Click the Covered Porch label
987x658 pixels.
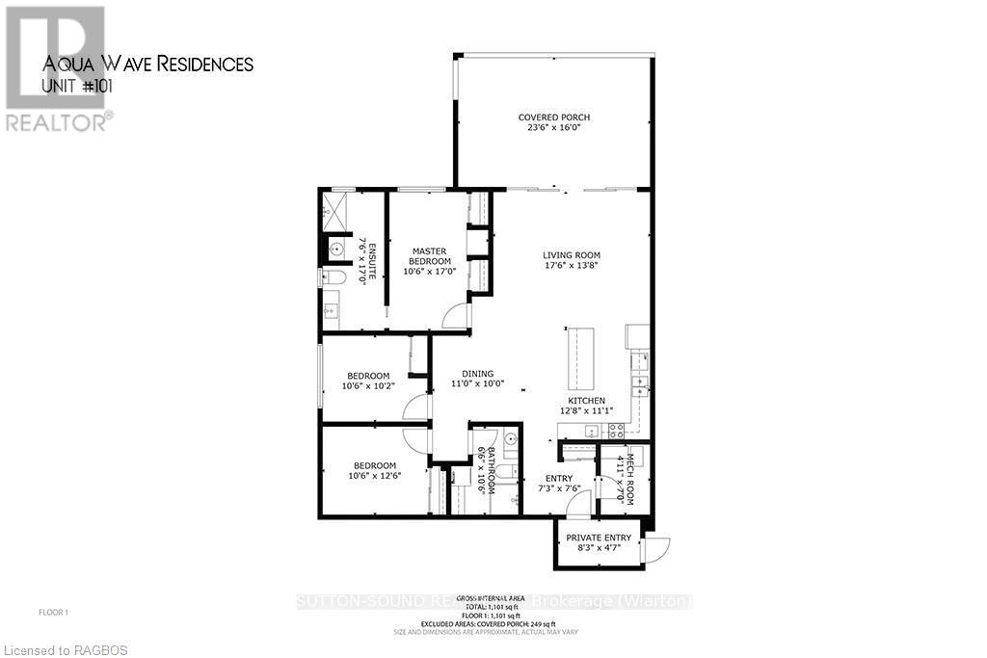pos(553,118)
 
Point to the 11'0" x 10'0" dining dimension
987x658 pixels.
pos(477,383)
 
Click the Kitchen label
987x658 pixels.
pos(586,401)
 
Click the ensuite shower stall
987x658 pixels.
pos(334,213)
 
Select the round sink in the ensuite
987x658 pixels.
pos(335,250)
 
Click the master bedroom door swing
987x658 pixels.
pos(456,316)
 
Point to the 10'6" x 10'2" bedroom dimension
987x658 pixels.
pos(368,386)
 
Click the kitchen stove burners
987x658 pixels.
pos(591,431)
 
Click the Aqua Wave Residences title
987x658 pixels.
pos(148,65)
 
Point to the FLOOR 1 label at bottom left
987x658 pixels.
pos(53,613)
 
